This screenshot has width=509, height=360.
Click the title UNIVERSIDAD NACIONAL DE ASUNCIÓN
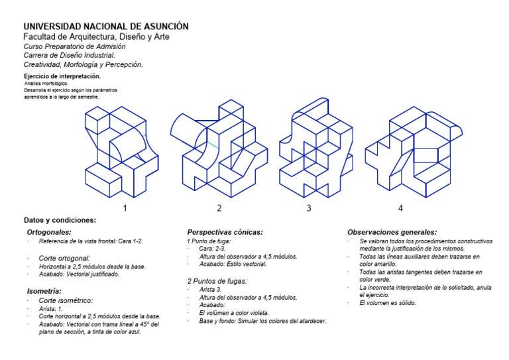point(106,26)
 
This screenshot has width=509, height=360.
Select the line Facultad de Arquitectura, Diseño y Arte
point(96,37)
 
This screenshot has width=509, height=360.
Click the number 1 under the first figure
point(124,208)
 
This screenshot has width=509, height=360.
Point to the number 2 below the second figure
point(219,208)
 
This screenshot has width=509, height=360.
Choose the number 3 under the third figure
point(308,208)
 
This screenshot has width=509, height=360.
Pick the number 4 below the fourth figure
point(400,208)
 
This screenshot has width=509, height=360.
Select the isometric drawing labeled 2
point(219,149)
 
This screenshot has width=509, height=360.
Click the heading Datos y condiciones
point(60,220)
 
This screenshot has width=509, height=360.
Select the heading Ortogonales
point(49,233)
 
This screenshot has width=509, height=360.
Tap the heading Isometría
point(44,290)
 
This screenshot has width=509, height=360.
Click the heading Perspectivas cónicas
point(225,232)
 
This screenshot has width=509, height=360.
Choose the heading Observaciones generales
point(392,232)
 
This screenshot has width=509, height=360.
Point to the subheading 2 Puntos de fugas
point(218,281)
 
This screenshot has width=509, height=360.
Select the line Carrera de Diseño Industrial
point(69,56)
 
